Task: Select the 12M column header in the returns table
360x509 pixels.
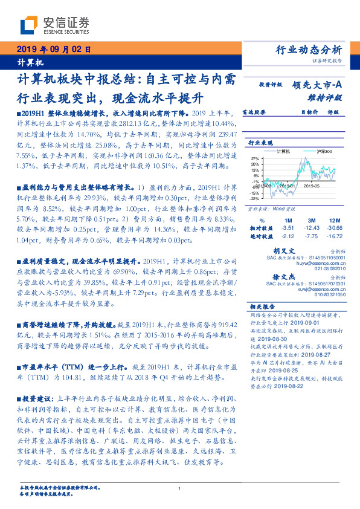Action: point(335,221)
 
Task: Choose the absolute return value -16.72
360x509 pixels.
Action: point(335,236)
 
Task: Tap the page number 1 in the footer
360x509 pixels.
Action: point(180,488)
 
